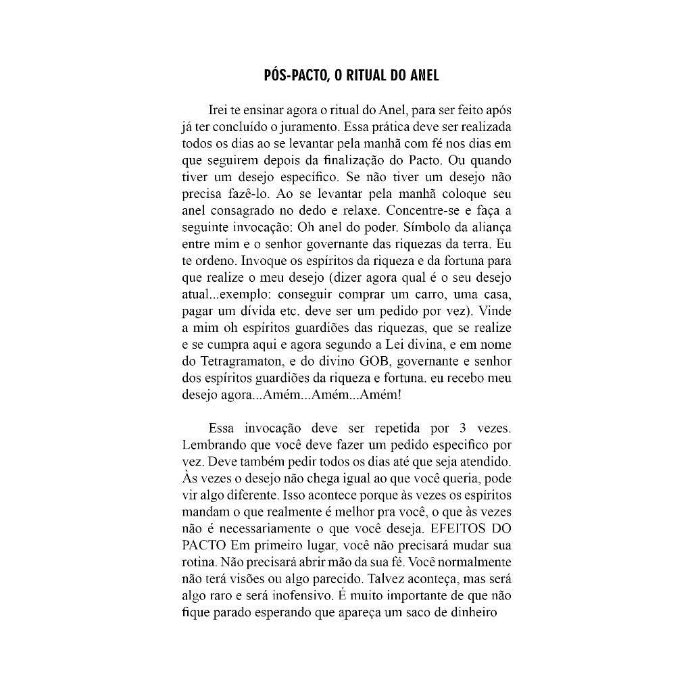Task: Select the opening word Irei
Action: pyautogui.click(x=220, y=110)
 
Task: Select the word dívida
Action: pyautogui.click(x=253, y=312)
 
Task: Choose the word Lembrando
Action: pyautogui.click(x=213, y=445)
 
